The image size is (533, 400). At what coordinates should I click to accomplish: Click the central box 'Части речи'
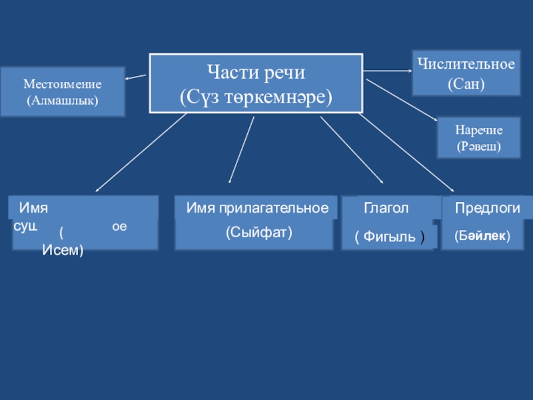click(x=256, y=83)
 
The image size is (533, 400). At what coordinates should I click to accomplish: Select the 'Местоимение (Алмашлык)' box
click(x=62, y=93)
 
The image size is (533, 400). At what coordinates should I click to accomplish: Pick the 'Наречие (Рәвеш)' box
click(x=478, y=137)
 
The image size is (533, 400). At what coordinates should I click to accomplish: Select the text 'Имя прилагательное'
click(x=257, y=208)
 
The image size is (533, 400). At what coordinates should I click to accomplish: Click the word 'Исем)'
click(x=63, y=251)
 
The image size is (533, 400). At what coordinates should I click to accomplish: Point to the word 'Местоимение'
click(x=62, y=85)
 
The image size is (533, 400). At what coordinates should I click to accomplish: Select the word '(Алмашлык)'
click(x=62, y=101)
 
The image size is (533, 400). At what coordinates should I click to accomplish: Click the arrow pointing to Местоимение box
click(x=136, y=77)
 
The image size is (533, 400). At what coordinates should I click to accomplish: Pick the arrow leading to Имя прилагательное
click(x=241, y=149)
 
